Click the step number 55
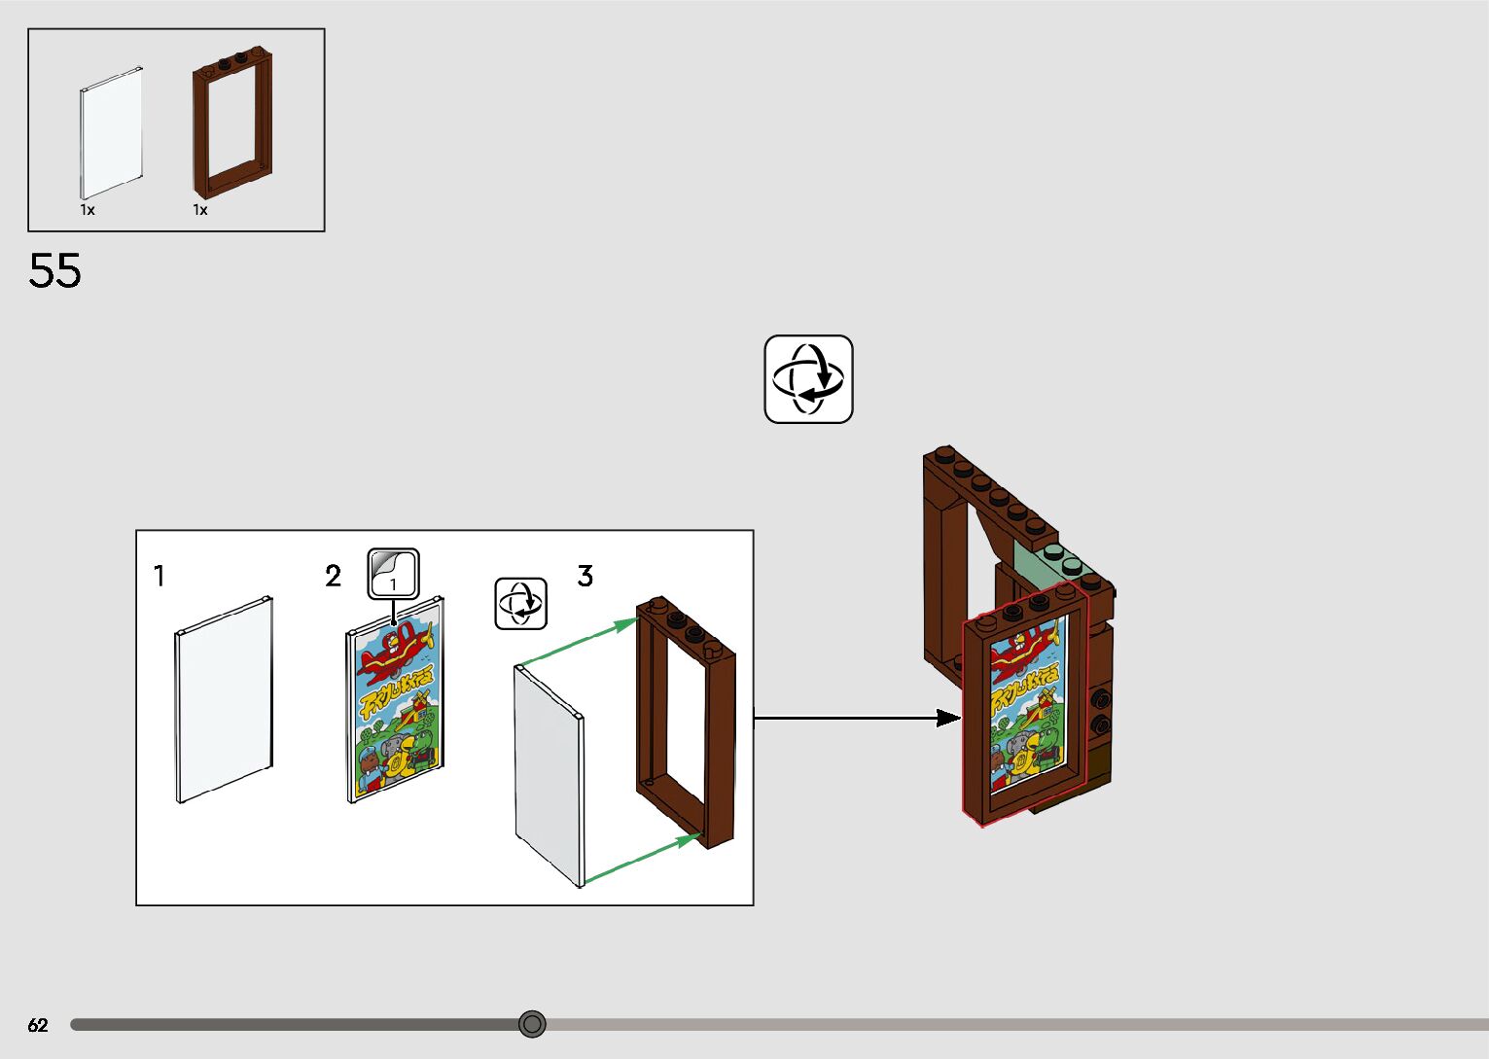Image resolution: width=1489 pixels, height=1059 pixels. [x=54, y=270]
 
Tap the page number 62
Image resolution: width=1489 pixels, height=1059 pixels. [x=38, y=1025]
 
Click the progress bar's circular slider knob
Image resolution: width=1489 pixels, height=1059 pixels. [x=532, y=1024]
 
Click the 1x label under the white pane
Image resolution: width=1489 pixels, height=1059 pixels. [x=88, y=210]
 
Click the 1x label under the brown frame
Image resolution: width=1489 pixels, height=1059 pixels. [x=200, y=210]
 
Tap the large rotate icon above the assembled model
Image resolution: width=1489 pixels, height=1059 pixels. [x=808, y=379]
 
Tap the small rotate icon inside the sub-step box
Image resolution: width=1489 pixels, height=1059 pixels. [x=521, y=604]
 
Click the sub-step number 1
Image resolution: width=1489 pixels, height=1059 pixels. [x=160, y=577]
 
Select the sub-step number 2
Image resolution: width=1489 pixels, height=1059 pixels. [x=333, y=577]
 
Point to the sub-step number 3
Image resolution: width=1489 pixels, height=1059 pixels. [x=585, y=577]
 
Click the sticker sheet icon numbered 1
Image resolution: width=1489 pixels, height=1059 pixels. [x=393, y=575]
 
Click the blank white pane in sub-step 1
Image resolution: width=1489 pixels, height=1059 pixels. [x=224, y=699]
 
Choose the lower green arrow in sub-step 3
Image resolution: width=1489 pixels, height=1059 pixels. [x=642, y=857]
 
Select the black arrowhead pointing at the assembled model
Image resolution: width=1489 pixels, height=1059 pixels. [x=947, y=719]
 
